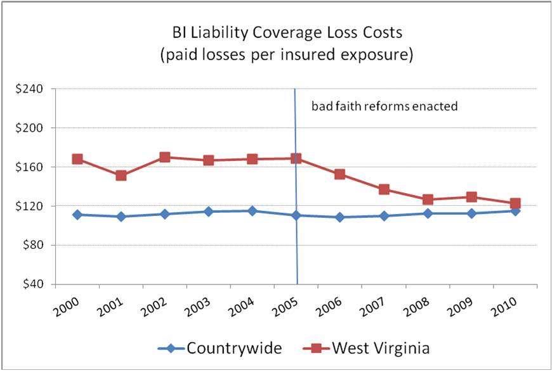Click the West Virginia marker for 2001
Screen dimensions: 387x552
click(x=121, y=175)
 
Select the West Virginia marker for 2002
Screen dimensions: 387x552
click(x=165, y=157)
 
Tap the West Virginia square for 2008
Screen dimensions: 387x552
click(x=428, y=200)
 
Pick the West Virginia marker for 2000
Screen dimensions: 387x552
click(x=77, y=159)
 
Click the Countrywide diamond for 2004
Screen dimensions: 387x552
click(x=253, y=211)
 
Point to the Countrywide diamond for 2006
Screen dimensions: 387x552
click(x=340, y=217)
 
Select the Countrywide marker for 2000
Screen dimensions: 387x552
click(x=77, y=215)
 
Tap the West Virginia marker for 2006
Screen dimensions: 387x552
click(x=340, y=174)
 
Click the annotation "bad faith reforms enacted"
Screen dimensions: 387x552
click(x=384, y=106)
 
